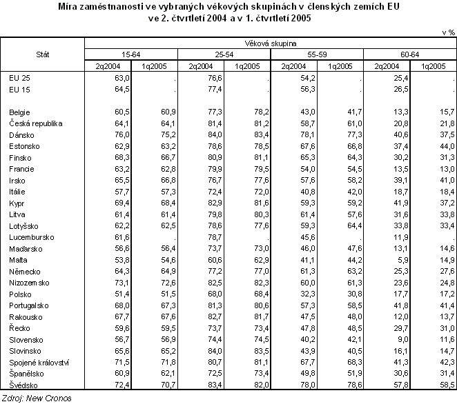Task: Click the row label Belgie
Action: [x=19, y=111]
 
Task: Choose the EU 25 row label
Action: [x=19, y=77]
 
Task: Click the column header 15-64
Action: [x=131, y=53]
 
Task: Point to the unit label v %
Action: [x=447, y=32]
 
